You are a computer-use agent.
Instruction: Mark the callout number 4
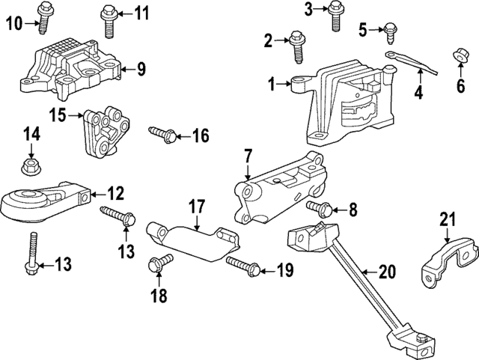point(418,94)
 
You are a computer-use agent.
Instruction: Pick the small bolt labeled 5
point(390,30)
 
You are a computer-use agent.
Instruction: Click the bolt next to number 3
point(335,15)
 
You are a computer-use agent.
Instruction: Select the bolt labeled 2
point(297,43)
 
